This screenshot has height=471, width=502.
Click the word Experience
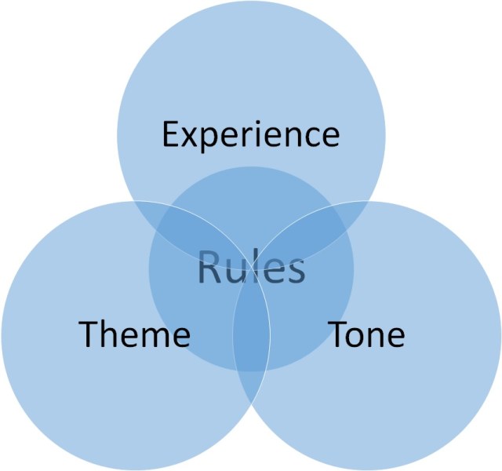coord(251,135)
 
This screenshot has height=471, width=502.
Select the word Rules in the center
coord(251,268)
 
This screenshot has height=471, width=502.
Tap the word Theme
coord(134,335)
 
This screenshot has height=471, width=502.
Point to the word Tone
coord(366,335)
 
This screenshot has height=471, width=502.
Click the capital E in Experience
coord(171,134)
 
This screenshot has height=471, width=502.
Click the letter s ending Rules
coord(294,272)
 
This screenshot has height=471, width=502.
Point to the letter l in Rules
coord(256,267)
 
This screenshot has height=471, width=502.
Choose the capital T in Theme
coord(88,335)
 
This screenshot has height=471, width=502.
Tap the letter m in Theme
coord(151,338)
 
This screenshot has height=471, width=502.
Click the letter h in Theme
coord(107,335)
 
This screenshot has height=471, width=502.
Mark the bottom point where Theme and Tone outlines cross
coord(251,403)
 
